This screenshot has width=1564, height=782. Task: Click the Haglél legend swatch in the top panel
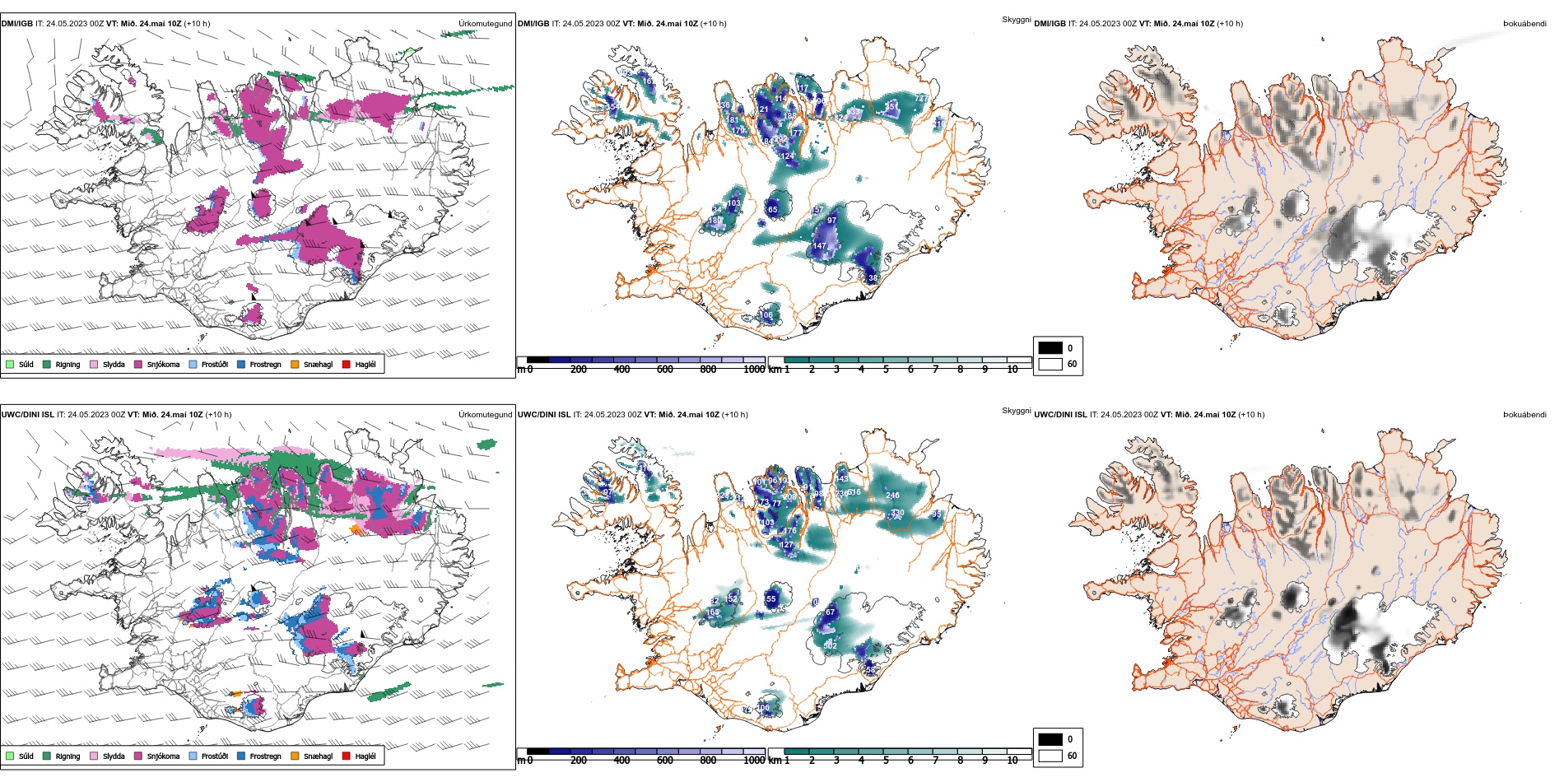pos(347,364)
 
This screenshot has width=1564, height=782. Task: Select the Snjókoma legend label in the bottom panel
pos(163,756)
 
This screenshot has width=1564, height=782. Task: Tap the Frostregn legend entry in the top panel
pos(265,365)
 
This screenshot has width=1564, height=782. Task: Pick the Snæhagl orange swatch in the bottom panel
pos(295,756)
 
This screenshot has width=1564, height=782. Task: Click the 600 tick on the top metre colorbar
pos(665,370)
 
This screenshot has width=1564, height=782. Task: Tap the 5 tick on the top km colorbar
pos(886,370)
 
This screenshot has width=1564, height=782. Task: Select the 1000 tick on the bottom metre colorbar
pos(754,761)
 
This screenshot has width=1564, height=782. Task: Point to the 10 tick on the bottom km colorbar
pos(1012,761)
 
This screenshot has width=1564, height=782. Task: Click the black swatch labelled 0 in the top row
pos(1050,348)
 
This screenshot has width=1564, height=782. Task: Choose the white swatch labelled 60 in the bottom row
pos(1050,756)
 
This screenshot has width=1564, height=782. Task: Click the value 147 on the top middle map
pos(819,246)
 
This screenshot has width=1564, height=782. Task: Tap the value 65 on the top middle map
pos(772,210)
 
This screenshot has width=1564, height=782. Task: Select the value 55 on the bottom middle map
pos(771,599)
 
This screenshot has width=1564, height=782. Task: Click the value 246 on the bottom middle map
pos(892,496)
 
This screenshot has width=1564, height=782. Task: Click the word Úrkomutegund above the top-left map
pos(485,24)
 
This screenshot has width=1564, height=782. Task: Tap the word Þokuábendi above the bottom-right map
pos(1524,415)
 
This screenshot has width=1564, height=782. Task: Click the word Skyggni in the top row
pos(1016,20)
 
